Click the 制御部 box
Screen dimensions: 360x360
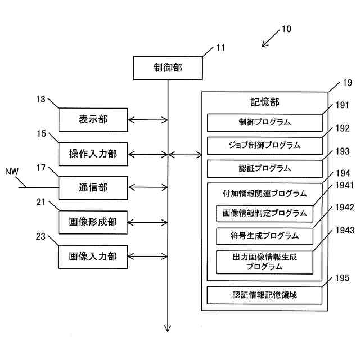click(168, 68)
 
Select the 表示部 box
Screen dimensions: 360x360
click(93, 120)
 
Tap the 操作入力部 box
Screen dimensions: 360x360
click(93, 154)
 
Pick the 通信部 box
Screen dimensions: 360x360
click(93, 188)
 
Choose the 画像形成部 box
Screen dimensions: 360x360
click(93, 222)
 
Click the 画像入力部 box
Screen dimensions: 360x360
click(93, 256)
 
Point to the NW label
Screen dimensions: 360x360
click(12, 172)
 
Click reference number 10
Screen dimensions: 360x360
click(286, 29)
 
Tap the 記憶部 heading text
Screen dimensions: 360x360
click(265, 102)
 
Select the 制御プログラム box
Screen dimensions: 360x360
click(265, 123)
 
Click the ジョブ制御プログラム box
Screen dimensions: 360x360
click(265, 146)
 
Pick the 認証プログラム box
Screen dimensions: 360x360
click(265, 169)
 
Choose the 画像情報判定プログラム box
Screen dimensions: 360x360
click(265, 214)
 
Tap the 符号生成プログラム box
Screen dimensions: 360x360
click(265, 236)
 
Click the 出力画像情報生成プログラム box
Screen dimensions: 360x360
click(265, 262)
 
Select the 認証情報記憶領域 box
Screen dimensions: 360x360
click(264, 295)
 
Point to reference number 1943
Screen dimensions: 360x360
click(345, 230)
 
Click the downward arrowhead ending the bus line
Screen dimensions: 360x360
click(168, 328)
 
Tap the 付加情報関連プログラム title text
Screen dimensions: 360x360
click(265, 193)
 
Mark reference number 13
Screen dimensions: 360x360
click(41, 99)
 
